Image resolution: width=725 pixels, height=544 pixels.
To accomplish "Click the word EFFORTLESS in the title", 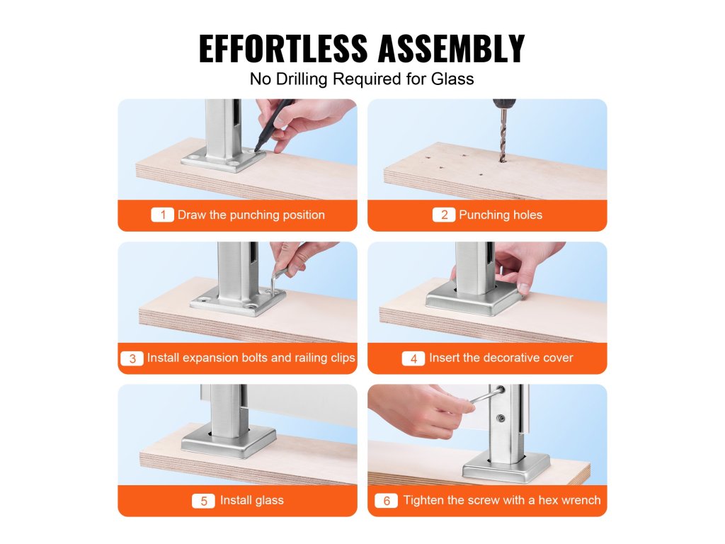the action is [x=283, y=49].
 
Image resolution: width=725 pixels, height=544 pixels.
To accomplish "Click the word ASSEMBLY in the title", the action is [x=452, y=49].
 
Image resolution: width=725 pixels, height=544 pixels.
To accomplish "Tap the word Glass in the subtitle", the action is [x=452, y=79].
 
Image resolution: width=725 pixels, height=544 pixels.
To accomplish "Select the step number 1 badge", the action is [x=162, y=215].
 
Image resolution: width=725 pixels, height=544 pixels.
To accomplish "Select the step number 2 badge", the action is [x=444, y=215].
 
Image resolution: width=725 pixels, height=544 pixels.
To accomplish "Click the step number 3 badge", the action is [x=132, y=358].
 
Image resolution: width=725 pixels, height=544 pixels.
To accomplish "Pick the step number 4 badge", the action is [x=413, y=358].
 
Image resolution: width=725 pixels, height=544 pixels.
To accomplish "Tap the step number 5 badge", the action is [x=203, y=501].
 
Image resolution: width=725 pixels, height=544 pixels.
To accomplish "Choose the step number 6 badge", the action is [x=386, y=501].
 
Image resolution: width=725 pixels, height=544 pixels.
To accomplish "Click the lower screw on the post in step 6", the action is [x=501, y=418].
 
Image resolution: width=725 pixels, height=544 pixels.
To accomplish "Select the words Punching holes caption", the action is [x=501, y=215].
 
